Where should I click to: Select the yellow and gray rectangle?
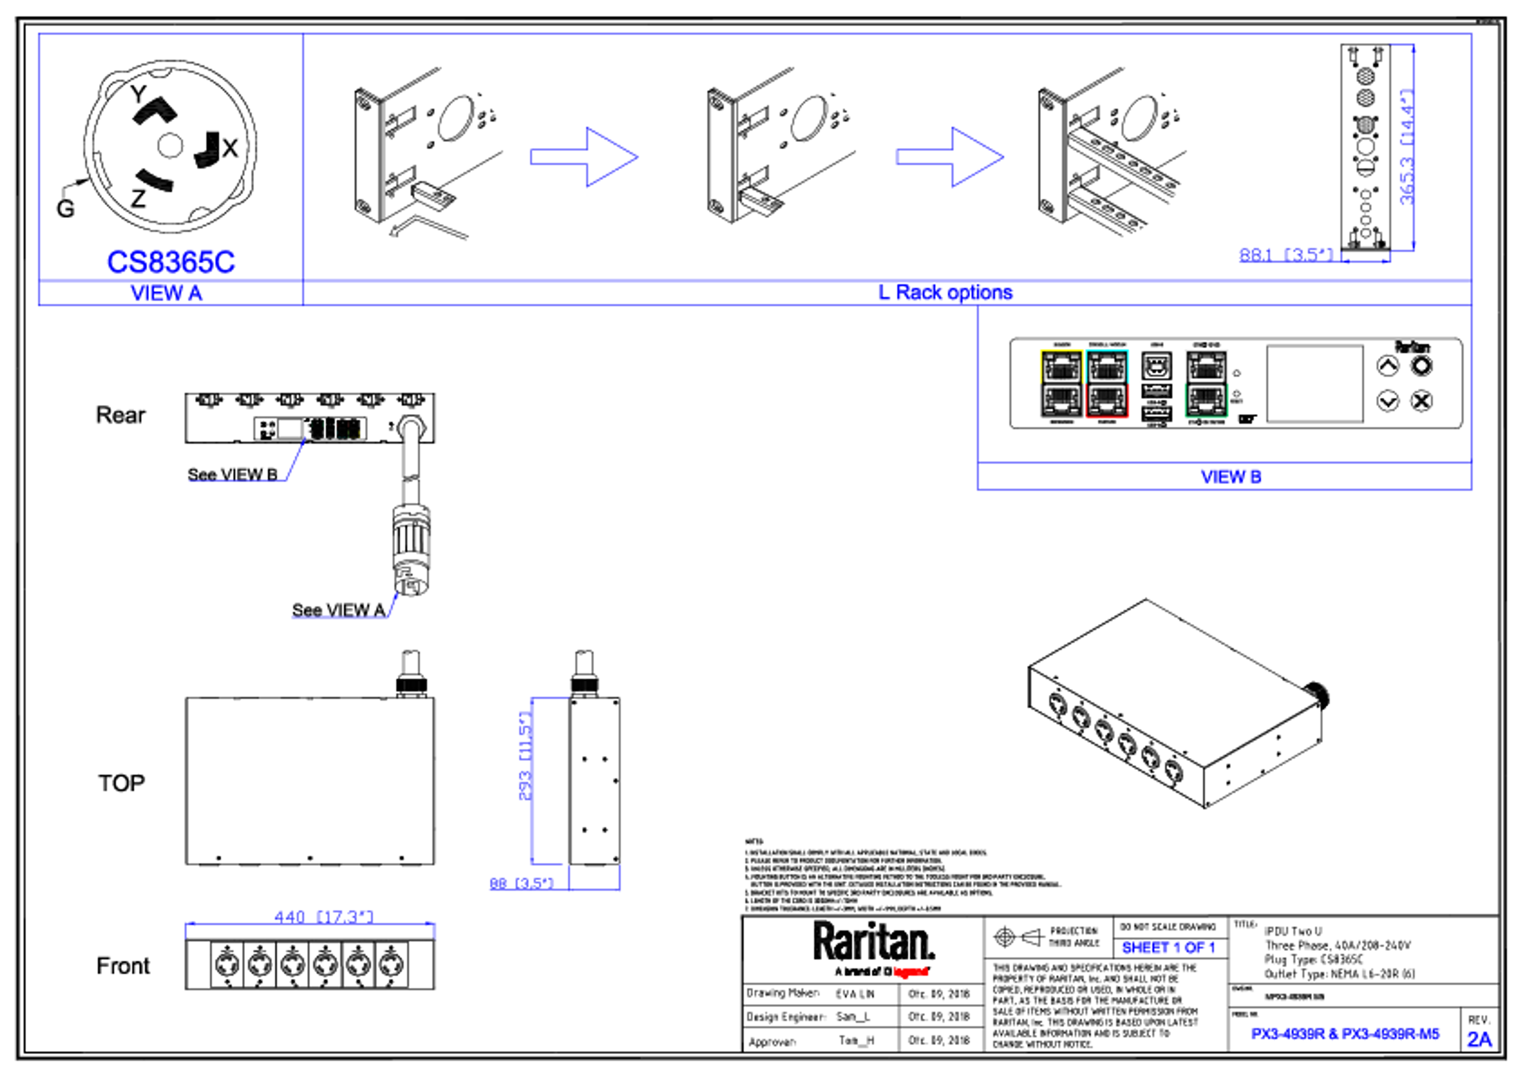(x=1061, y=384)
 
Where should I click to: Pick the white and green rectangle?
(x=1206, y=384)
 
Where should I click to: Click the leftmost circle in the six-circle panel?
(x=228, y=965)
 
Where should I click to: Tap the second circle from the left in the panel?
(x=260, y=965)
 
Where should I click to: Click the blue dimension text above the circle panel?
(x=323, y=916)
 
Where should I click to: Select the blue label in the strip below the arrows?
(x=945, y=292)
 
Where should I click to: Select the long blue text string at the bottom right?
(x=1345, y=1034)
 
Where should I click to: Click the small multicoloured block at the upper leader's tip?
(x=335, y=429)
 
